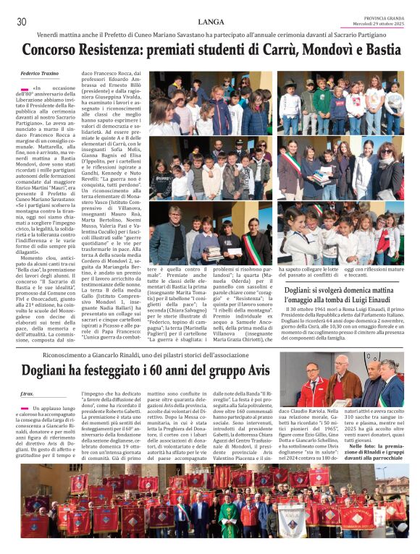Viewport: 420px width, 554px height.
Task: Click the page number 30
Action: click(22, 22)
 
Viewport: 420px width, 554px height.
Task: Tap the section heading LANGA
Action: click(211, 22)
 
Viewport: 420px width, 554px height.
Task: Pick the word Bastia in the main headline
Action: click(378, 51)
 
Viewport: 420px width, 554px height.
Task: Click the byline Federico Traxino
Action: click(41, 74)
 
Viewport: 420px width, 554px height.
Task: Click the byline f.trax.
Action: click(27, 394)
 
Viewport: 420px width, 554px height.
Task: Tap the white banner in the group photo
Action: click(291, 520)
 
